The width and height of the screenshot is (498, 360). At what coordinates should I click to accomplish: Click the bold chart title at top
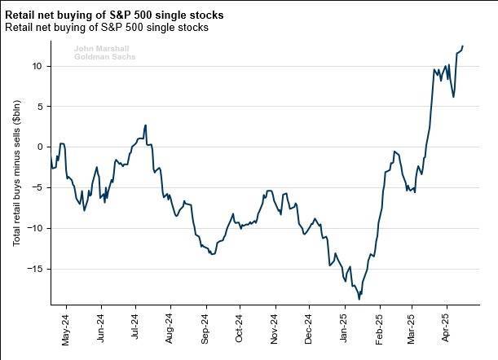point(114,15)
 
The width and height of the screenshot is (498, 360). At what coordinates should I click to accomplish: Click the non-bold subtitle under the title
point(106,28)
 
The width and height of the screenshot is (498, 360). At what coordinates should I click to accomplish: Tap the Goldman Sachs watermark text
point(104,58)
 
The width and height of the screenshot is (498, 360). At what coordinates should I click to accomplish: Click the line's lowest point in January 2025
point(359,299)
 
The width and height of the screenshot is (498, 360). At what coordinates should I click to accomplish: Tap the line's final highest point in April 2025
point(463,46)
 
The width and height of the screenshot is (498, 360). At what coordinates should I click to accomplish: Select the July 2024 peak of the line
point(145,125)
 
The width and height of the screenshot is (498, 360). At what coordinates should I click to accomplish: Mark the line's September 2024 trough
point(212,255)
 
